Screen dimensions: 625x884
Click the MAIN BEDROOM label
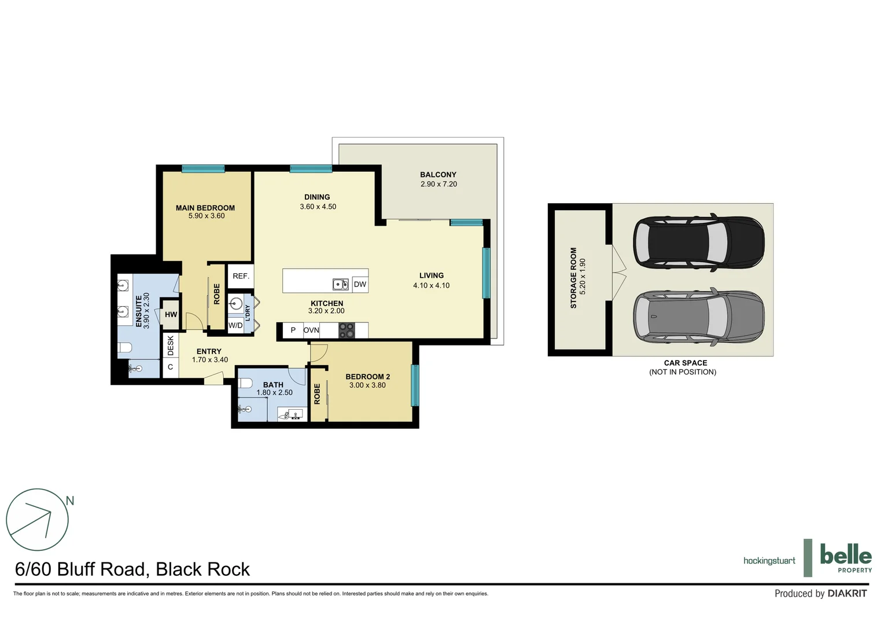coord(205,208)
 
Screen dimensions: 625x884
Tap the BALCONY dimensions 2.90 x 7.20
coord(439,184)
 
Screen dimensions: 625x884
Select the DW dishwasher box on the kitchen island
coord(360,284)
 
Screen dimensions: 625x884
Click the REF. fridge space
coord(241,276)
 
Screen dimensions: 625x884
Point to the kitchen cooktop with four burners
coord(346,330)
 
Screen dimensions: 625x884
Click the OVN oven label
coord(311,330)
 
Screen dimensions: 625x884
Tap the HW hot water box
coord(171,315)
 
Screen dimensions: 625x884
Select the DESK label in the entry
coord(171,345)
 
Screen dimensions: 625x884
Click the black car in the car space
coord(698,242)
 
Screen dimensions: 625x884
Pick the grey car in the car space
coord(698,317)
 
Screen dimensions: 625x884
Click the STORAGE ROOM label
coord(574,278)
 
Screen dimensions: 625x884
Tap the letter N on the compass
coord(70,501)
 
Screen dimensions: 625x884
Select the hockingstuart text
coord(769,561)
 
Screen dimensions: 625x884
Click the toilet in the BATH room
coord(245,383)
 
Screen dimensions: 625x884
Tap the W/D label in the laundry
coord(235,326)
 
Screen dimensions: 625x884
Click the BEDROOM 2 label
coord(367,377)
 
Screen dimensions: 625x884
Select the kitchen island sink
coord(340,284)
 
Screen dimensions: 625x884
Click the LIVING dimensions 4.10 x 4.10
coord(431,285)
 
